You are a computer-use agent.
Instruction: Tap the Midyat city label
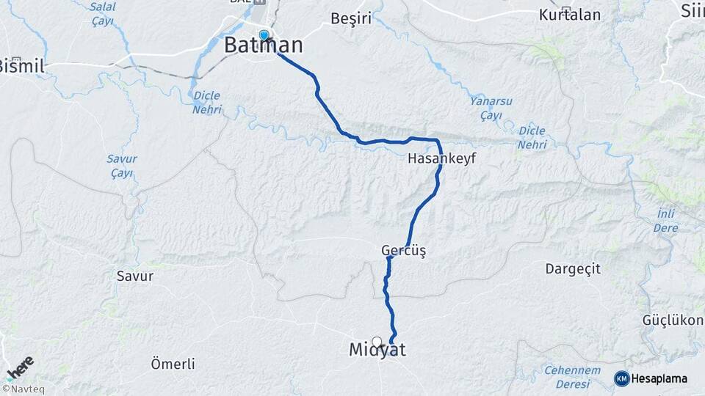[377, 351]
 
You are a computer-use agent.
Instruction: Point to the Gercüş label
[403, 251]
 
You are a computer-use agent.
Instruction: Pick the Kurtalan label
[569, 15]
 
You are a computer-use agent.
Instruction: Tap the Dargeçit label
[572, 269]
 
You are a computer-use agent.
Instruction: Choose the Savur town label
[135, 276]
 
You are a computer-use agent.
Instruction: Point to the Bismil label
[22, 66]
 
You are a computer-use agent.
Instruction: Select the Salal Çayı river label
[102, 13]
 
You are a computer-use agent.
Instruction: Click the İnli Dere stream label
[666, 220]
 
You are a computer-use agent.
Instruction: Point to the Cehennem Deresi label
[572, 378]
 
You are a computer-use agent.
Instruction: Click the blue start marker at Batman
[264, 34]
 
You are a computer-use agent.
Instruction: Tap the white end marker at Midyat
[377, 342]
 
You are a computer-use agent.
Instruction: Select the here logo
[20, 367]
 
